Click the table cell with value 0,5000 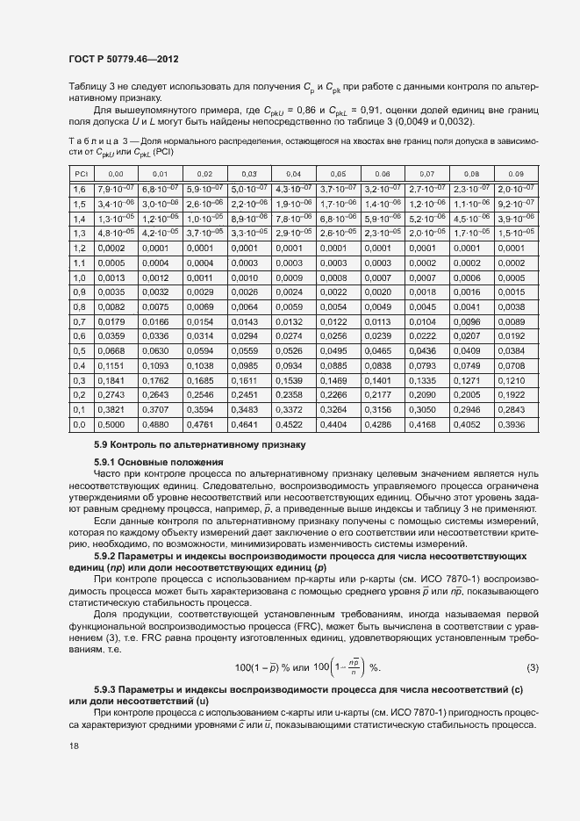coord(114,424)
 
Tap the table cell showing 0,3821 coord(114,409)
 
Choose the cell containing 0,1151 coord(114,365)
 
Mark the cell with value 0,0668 coord(114,351)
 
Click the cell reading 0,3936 coord(516,424)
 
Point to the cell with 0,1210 coord(516,380)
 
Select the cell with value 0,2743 coord(114,395)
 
